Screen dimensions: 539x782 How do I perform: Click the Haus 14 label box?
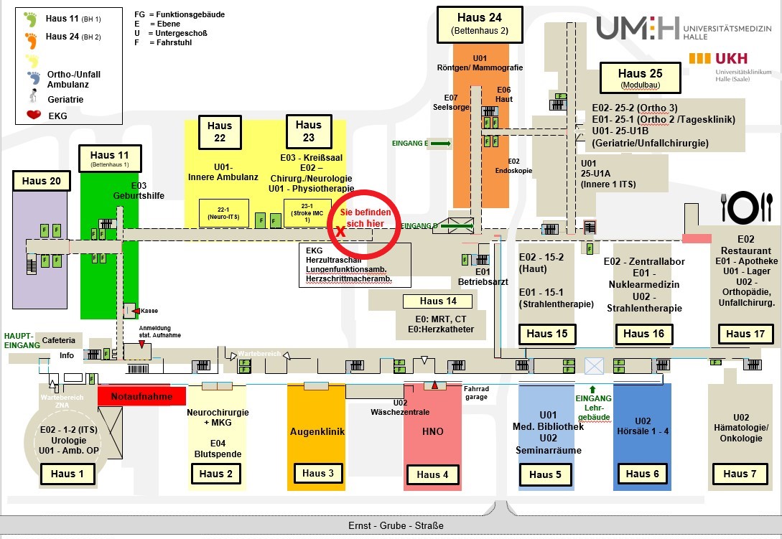click(437, 301)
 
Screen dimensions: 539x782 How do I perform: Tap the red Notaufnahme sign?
click(141, 395)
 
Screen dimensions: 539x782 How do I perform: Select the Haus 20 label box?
click(42, 181)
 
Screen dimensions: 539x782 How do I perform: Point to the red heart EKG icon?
click(33, 114)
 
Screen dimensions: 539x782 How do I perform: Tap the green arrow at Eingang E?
click(441, 144)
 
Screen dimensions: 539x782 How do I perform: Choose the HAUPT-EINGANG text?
click(19, 340)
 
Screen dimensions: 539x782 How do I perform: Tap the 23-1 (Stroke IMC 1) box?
click(307, 213)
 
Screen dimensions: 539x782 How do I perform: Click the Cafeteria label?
click(58, 340)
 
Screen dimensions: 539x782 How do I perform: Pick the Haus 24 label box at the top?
click(479, 24)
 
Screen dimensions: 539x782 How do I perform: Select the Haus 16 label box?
click(643, 333)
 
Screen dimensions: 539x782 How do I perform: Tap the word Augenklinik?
click(317, 431)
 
